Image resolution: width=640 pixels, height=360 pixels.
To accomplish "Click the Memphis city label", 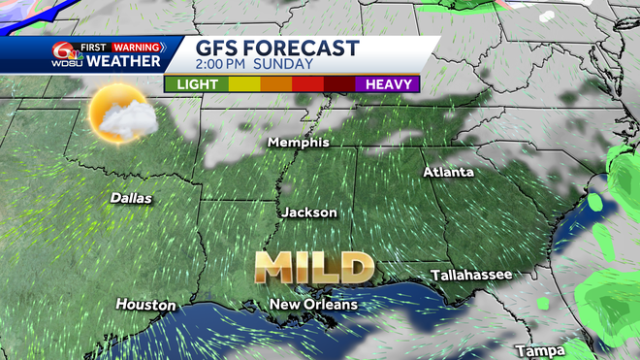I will (x=300, y=143).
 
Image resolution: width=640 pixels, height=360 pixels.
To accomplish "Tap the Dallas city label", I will (x=131, y=198).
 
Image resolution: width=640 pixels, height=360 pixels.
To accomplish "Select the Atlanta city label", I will (x=449, y=172).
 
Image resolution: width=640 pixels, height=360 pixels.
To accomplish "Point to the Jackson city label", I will (x=309, y=213).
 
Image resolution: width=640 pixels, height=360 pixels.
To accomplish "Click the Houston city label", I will (x=145, y=305).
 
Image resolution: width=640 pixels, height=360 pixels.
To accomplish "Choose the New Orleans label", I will (x=313, y=305).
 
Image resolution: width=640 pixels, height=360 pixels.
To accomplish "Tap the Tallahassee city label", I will (x=471, y=276).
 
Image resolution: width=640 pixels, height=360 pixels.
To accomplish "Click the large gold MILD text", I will (x=315, y=265).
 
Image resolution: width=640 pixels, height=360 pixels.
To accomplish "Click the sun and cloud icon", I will (x=116, y=115).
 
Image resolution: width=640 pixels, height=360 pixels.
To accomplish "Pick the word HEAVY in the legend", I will (x=392, y=84).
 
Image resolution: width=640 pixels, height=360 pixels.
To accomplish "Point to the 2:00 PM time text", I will (x=228, y=65).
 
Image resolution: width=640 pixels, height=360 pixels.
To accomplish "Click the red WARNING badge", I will (x=135, y=46).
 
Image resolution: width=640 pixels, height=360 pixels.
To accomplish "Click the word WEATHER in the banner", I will (x=123, y=62).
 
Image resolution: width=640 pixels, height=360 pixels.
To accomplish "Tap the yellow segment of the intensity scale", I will (x=243, y=84).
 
